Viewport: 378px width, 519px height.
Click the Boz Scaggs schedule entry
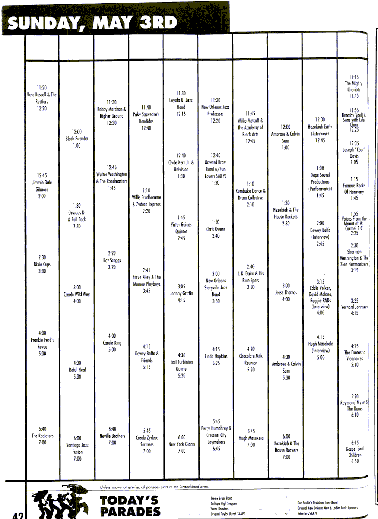112,260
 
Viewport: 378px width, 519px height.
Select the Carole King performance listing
112,343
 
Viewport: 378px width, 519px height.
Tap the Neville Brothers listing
112,436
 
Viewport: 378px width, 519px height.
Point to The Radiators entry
42,436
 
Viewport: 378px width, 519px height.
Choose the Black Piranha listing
77,139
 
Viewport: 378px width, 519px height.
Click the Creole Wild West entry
77,294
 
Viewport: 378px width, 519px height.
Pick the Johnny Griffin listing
181,293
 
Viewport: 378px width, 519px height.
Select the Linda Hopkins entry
216,356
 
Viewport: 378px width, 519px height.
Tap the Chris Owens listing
216,229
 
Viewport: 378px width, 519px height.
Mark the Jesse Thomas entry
286,292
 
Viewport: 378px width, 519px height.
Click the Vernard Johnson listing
354,307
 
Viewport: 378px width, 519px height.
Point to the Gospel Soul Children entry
355,452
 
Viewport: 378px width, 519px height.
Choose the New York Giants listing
182,444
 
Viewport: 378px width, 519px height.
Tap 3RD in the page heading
158,23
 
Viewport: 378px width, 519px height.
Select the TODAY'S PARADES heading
130,506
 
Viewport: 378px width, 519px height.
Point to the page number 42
18,515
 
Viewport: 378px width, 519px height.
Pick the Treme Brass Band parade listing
221,498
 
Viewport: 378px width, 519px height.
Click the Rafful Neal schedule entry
77,370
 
